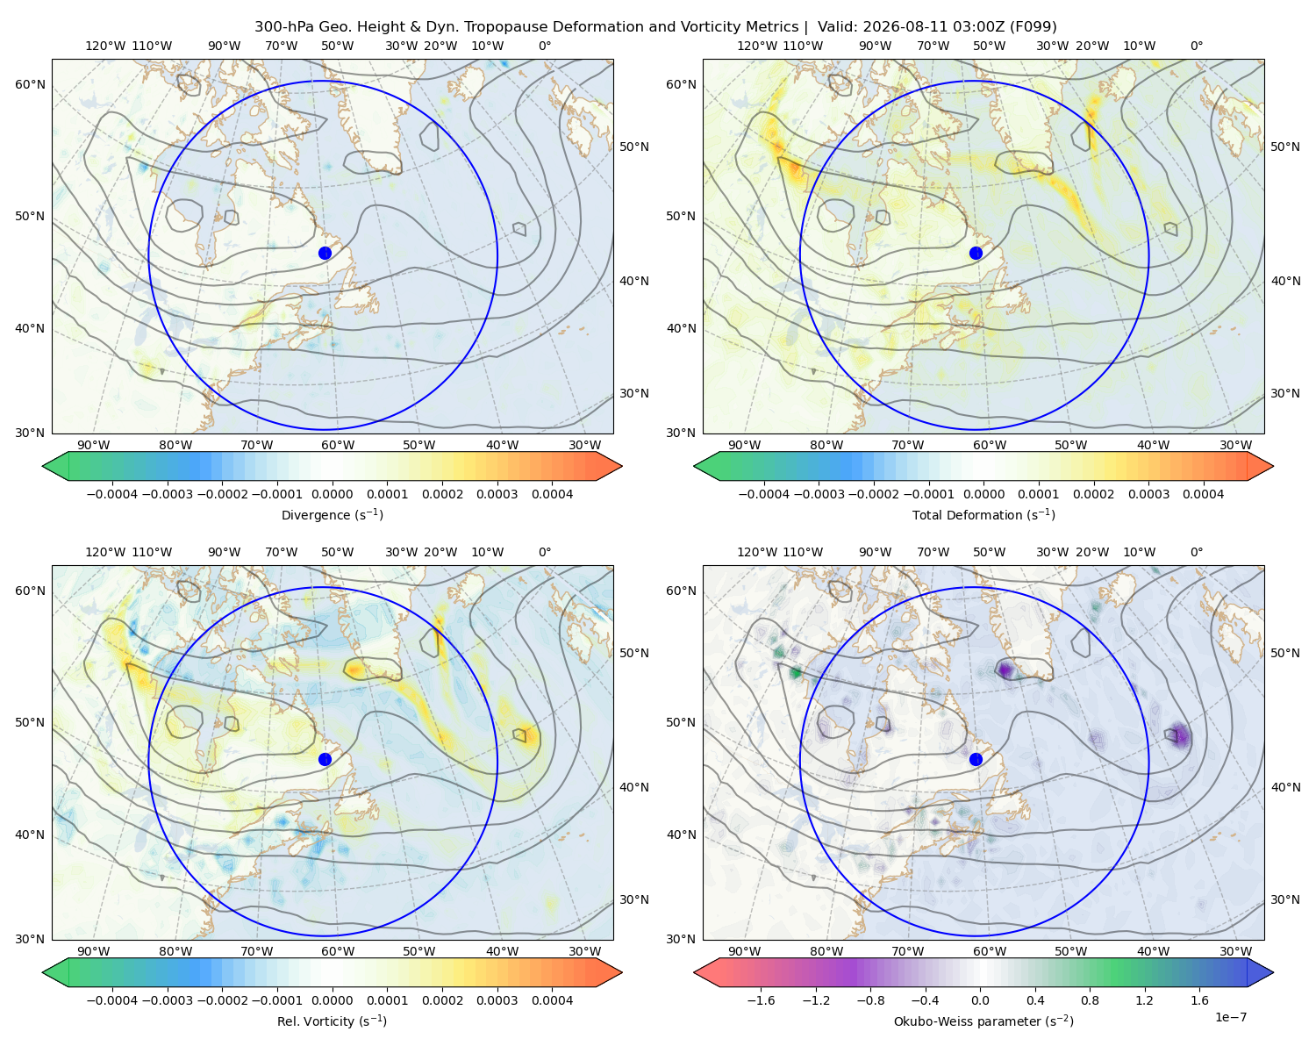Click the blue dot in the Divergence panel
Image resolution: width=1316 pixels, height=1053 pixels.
click(325, 254)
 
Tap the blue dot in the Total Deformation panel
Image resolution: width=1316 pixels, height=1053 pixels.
click(976, 254)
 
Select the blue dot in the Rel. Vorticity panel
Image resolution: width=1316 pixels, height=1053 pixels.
click(325, 759)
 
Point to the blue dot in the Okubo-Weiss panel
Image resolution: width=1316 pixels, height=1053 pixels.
click(976, 759)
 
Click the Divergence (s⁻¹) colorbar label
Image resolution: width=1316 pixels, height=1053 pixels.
click(332, 515)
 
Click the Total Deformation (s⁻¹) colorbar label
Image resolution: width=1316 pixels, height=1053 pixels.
click(983, 515)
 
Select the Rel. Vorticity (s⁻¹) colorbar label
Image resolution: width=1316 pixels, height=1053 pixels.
click(332, 1021)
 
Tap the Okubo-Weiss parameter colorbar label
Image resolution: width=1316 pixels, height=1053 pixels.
click(983, 1021)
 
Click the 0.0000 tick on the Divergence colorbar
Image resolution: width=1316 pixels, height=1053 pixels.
click(332, 494)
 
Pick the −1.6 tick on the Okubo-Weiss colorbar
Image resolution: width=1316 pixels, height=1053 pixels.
click(761, 1000)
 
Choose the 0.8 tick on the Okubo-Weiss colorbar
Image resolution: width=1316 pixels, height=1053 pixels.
click(1090, 1000)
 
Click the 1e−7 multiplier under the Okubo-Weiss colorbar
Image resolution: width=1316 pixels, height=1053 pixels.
click(1230, 1017)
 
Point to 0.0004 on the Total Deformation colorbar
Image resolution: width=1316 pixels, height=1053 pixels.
click(1203, 494)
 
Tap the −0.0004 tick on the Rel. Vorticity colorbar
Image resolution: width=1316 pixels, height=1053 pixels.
click(112, 1000)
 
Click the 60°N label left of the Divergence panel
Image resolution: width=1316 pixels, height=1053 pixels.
click(30, 84)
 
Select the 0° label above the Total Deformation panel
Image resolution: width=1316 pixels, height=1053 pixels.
click(1196, 46)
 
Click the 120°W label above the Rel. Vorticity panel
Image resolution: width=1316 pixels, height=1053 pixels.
click(105, 552)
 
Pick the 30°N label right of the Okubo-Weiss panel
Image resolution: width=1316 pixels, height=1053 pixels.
click(1284, 899)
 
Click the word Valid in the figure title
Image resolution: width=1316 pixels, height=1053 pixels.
click(837, 27)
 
